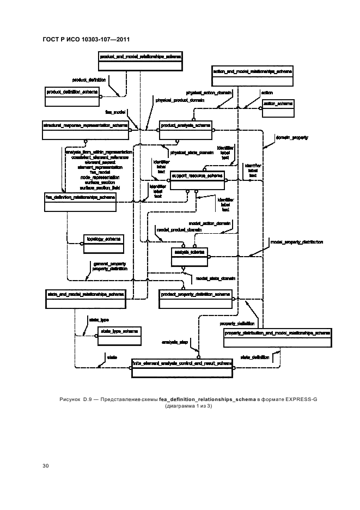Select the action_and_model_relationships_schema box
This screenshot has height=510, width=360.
click(x=252, y=75)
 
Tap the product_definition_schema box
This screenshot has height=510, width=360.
click(x=72, y=96)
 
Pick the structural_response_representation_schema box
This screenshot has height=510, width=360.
click(x=86, y=129)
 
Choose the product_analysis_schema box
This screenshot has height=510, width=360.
click(x=186, y=129)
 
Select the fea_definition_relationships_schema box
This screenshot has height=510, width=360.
click(x=80, y=200)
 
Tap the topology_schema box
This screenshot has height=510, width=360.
click(x=101, y=243)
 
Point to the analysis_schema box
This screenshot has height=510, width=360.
click(x=189, y=256)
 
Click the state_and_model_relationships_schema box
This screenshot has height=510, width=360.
click(x=85, y=298)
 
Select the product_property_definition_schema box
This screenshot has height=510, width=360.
click(x=196, y=298)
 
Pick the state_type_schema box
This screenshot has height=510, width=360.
click(x=118, y=335)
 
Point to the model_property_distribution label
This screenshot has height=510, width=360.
click(x=296, y=242)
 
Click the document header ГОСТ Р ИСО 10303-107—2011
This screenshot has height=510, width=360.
click(x=85, y=39)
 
